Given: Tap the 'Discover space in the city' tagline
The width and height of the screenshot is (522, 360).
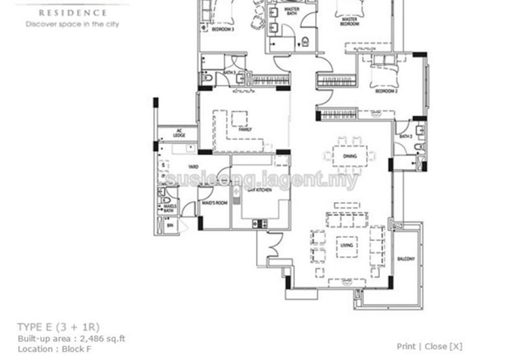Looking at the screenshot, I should tap(72, 24).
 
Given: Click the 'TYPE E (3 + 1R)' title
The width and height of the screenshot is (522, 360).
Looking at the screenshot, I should tap(59, 326).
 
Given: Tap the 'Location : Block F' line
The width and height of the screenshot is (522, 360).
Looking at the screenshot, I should tap(55, 349).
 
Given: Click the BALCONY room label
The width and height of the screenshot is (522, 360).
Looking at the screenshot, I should tap(406, 260).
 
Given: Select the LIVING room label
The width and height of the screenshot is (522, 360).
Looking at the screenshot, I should tap(346, 246).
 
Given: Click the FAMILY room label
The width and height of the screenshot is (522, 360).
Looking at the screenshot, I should tap(245, 130).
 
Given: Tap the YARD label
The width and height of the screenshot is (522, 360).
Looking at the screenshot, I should tap(193, 166).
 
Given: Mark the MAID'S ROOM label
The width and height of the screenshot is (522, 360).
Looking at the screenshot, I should tap(213, 203).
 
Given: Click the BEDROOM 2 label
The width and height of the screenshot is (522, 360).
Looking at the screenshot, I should tap(386, 91).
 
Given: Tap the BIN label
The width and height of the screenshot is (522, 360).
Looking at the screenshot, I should tap(170, 224).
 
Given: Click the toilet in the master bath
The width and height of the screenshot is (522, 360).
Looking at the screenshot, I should tap(305, 42).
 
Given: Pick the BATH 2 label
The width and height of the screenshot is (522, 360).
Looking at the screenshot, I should tap(405, 136).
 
